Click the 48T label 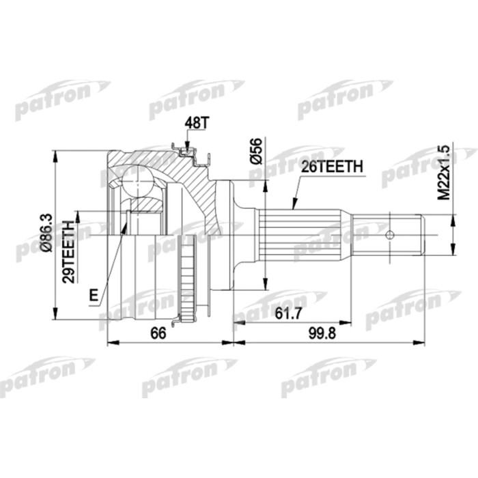pyautogui.click(x=194, y=124)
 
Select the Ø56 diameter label pyautogui.click(x=257, y=150)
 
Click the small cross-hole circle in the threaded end pyautogui.click(x=389, y=235)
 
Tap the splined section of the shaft pyautogui.click(x=300, y=236)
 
